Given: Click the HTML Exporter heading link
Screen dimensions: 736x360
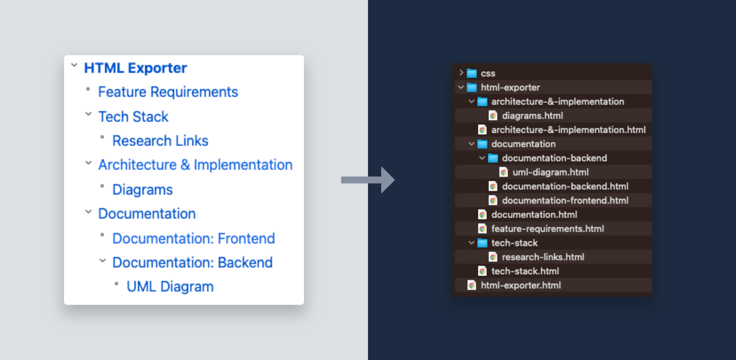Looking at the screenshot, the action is point(135,68).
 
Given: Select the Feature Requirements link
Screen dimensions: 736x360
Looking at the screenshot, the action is point(168,92).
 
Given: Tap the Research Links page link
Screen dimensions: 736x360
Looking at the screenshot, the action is point(160,141).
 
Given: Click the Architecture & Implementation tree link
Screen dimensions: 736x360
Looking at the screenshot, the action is point(195,165).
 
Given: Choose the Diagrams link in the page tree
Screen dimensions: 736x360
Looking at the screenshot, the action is point(142,190).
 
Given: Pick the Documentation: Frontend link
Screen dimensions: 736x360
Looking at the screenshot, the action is point(194,238).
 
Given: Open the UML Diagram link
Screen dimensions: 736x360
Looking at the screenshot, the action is point(170,287).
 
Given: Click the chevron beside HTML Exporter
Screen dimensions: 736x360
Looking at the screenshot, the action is point(74,65).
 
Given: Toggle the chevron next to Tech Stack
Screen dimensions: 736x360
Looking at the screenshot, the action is point(88,114).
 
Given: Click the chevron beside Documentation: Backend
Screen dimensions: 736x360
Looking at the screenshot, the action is point(102,260).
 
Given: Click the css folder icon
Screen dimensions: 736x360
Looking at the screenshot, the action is point(472,73).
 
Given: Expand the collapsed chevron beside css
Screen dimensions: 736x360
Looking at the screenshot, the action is point(461,73).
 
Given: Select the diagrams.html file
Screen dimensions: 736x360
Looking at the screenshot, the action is point(532,116).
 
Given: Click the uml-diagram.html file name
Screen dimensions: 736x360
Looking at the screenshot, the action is point(550,172).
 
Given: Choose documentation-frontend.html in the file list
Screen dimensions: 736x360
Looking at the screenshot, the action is point(565,200).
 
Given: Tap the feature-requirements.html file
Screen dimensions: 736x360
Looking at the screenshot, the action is point(548,229).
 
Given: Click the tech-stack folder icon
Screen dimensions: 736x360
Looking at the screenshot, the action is point(482,243).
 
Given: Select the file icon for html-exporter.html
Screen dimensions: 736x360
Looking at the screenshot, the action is point(472,285).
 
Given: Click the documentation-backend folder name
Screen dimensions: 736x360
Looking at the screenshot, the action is point(554,158).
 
